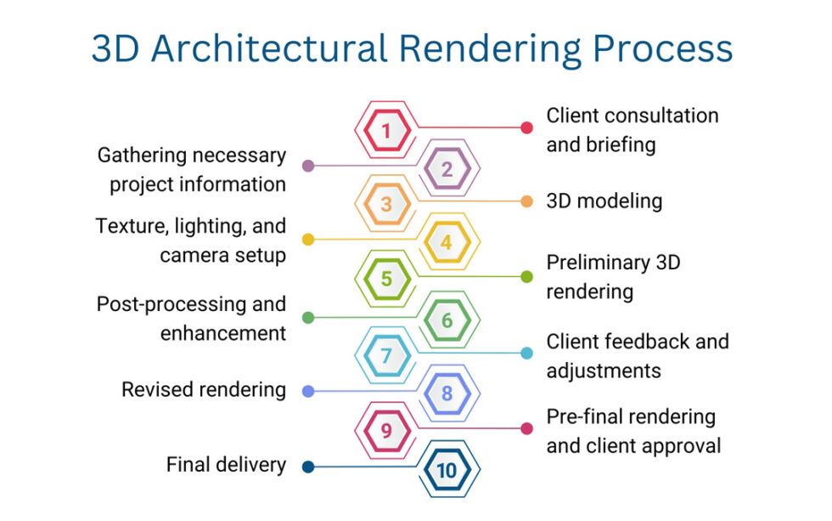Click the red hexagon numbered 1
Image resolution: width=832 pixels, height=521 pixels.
pos(386,131)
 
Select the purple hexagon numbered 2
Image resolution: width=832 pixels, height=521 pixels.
pos(447,168)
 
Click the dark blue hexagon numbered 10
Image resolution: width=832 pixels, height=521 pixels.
pos(447,470)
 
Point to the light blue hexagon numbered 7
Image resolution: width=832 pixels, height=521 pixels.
pos(386,355)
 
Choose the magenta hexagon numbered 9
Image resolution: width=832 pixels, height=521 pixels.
pos(386,431)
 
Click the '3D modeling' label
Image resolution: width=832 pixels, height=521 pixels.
pos(604,201)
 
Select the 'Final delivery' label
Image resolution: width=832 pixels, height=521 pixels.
pos(226,465)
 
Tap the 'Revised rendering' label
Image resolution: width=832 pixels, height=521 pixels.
pos(204,390)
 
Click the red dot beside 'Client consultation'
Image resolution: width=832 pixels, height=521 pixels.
pos(526,128)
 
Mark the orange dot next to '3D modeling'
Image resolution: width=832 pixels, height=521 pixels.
pos(526,201)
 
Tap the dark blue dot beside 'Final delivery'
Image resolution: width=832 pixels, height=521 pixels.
pos(308,467)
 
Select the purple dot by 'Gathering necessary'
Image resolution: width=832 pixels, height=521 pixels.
pos(308,166)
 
